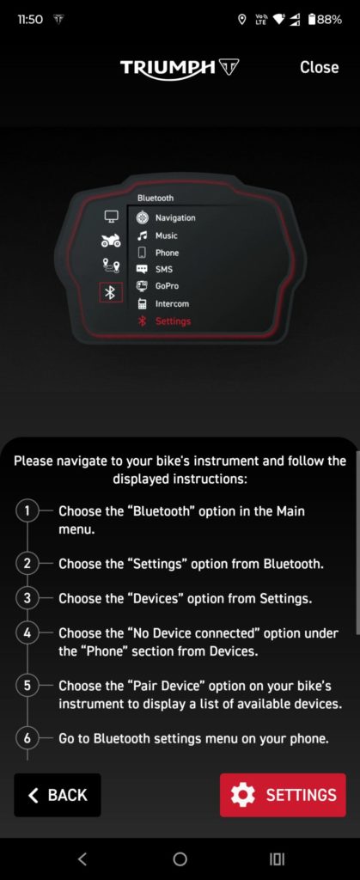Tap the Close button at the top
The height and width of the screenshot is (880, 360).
(x=319, y=67)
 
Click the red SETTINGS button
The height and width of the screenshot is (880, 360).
(x=283, y=795)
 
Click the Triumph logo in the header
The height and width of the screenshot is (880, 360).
(x=180, y=69)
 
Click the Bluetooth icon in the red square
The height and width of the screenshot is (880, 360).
(x=111, y=292)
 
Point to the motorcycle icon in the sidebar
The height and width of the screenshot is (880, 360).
(x=111, y=241)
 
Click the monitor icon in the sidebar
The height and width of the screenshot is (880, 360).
(x=111, y=216)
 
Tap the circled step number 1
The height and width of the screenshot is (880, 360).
(x=27, y=511)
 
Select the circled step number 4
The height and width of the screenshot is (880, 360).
(x=27, y=633)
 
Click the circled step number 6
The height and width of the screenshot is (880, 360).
(x=27, y=738)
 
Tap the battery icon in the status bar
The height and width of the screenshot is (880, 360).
(x=312, y=20)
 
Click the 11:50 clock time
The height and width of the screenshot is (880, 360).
(x=30, y=20)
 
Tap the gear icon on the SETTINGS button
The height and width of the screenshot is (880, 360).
(x=243, y=795)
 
